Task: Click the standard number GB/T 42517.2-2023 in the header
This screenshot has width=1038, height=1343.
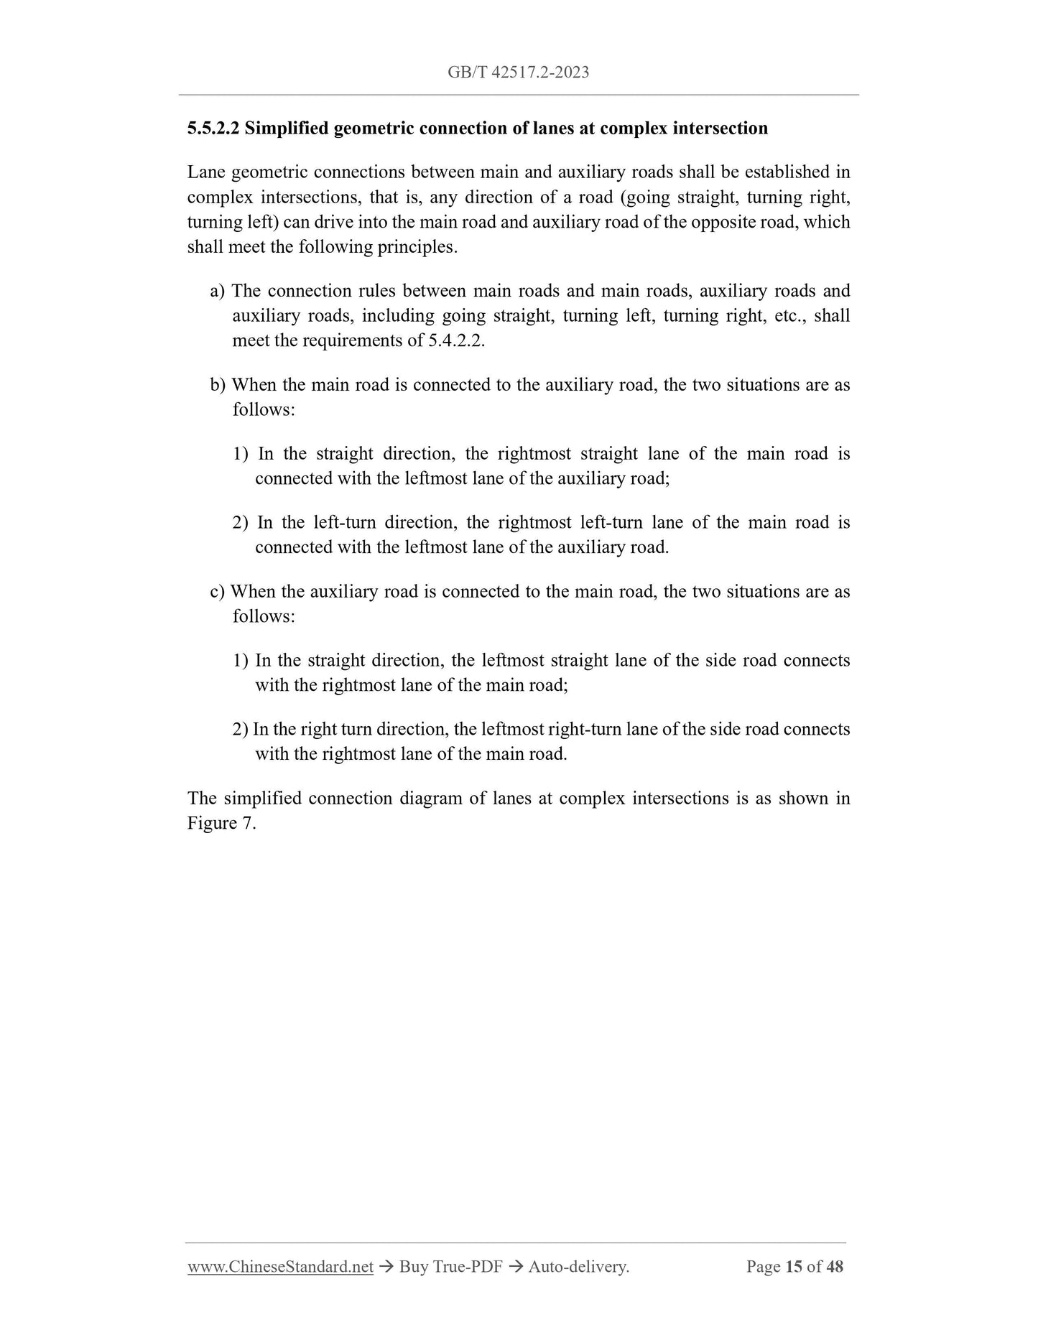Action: pyautogui.click(x=518, y=72)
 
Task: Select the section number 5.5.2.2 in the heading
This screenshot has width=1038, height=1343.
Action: pyautogui.click(x=213, y=129)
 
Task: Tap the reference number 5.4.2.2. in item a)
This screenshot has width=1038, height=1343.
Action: pyautogui.click(x=456, y=340)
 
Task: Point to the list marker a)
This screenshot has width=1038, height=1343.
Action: pyautogui.click(x=217, y=291)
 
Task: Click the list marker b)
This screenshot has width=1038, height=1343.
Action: pyautogui.click(x=218, y=385)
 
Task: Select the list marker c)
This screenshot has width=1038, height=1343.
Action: pyautogui.click(x=217, y=592)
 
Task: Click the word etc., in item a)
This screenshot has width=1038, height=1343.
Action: pyautogui.click(x=788, y=316)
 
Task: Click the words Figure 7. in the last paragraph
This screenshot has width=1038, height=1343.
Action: pyautogui.click(x=221, y=824)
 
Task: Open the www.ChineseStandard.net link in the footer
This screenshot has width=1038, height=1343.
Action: pyautogui.click(x=280, y=1267)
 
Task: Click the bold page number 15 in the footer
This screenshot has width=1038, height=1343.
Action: pyautogui.click(x=793, y=1267)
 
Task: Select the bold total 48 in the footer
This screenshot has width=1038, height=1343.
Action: pyautogui.click(x=835, y=1267)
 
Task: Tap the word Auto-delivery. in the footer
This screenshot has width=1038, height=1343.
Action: pyautogui.click(x=578, y=1267)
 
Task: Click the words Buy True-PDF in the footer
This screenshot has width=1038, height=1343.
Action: pyautogui.click(x=450, y=1267)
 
